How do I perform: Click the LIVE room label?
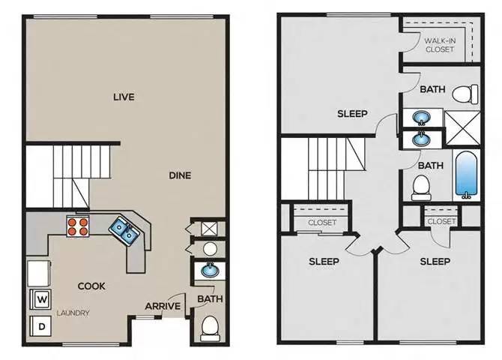click(x=124, y=96)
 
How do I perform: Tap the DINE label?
click(x=180, y=175)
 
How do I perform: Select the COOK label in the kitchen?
click(x=91, y=286)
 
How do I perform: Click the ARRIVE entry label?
click(x=163, y=305)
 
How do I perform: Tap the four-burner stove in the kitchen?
click(x=77, y=226)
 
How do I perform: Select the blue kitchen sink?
click(x=126, y=231)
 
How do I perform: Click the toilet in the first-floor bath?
click(x=211, y=326)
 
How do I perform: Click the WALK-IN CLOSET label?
click(x=441, y=44)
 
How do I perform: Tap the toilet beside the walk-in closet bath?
click(x=469, y=93)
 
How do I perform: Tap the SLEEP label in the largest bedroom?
click(x=352, y=113)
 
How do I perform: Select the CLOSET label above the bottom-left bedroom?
click(x=322, y=222)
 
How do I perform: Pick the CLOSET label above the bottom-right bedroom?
click(x=441, y=221)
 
